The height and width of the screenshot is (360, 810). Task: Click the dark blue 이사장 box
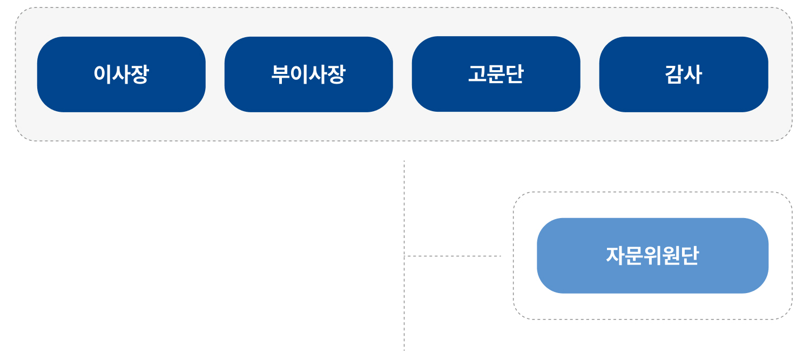click(121, 74)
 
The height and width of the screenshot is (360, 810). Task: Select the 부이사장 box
click(308, 74)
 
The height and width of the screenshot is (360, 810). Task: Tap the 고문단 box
click(496, 74)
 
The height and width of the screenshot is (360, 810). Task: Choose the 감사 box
click(684, 74)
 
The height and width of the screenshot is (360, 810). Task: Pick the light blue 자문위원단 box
click(652, 255)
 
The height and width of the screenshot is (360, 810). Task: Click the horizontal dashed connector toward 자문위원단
click(453, 256)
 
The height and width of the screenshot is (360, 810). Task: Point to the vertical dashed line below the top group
click(404, 255)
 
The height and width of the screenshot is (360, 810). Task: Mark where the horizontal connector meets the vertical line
click(404, 256)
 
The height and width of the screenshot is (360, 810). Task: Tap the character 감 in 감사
click(674, 74)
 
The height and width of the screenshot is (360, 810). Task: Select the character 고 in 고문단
click(477, 74)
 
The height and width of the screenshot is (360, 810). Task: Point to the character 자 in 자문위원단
click(615, 255)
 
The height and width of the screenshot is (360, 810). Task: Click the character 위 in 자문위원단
click(652, 255)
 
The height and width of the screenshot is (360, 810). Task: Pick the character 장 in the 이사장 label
click(139, 74)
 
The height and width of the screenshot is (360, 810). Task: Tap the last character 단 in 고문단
click(514, 74)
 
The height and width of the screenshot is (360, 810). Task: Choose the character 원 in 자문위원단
click(671, 255)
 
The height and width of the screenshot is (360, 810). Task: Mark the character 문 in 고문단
click(496, 74)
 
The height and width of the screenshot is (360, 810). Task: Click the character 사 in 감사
click(693, 74)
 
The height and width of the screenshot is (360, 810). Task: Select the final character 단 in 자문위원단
click(690, 255)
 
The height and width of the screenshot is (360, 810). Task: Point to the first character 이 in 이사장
click(103, 74)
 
